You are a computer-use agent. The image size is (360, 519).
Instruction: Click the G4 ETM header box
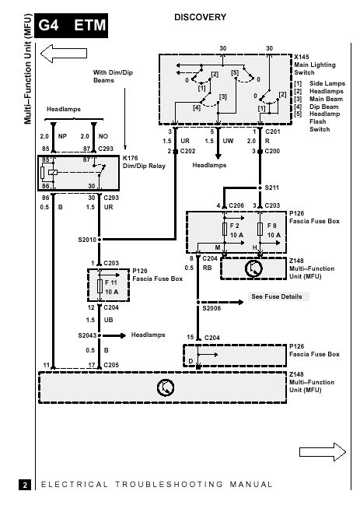click(71, 26)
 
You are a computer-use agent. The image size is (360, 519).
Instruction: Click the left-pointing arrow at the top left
click(64, 53)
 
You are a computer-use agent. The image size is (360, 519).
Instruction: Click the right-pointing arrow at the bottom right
click(323, 452)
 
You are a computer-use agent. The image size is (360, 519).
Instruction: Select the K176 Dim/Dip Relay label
click(144, 162)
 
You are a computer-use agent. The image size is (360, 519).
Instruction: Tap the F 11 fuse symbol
click(100, 286)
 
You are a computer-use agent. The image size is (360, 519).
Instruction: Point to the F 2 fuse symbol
click(225, 229)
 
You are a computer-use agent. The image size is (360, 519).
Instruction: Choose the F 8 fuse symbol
click(260, 229)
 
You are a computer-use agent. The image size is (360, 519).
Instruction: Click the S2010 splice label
click(87, 240)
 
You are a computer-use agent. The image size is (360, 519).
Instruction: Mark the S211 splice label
click(271, 188)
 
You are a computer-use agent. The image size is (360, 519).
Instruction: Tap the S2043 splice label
click(87, 335)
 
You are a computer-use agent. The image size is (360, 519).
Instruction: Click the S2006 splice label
click(211, 308)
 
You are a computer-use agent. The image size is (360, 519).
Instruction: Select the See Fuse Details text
click(277, 296)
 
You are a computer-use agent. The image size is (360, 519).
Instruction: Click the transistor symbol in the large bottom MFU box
click(166, 387)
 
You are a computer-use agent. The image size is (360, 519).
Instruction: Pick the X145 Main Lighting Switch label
click(315, 65)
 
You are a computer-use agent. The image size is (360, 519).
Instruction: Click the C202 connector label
click(187, 151)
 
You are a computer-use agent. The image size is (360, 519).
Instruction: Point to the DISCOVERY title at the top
click(200, 17)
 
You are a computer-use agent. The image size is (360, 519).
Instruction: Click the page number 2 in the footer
click(25, 485)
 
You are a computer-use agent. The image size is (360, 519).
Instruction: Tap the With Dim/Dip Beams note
click(113, 76)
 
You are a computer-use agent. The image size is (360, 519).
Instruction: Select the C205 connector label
click(111, 365)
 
